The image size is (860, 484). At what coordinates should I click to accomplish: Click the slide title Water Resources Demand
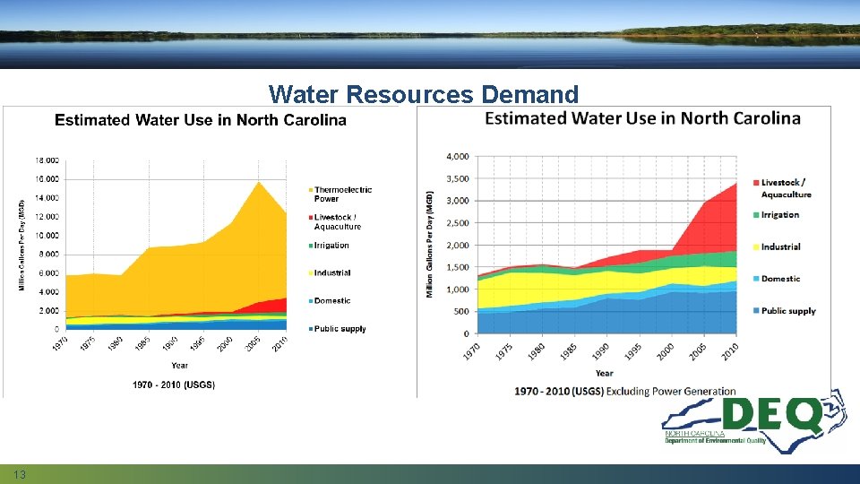[424, 93]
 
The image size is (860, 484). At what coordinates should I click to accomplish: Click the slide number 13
[19, 473]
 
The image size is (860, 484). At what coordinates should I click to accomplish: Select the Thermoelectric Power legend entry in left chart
[342, 194]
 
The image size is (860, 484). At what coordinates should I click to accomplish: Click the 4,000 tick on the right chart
[457, 156]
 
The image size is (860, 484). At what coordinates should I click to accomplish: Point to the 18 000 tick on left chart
[47, 160]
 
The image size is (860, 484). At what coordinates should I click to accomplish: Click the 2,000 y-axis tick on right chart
[457, 245]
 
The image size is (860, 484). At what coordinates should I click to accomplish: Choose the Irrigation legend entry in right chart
[779, 215]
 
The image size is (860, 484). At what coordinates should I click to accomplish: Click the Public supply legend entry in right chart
[787, 311]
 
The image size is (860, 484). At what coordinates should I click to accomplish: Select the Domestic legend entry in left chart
[332, 301]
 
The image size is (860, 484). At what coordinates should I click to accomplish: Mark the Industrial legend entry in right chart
[780, 246]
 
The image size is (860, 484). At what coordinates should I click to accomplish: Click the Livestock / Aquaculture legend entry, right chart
[785, 188]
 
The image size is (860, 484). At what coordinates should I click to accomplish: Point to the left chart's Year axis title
[180, 365]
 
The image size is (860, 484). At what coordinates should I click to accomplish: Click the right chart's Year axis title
[604, 373]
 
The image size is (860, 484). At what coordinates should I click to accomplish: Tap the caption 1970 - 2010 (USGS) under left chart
[174, 385]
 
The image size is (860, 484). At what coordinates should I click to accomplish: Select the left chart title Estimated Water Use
[201, 121]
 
